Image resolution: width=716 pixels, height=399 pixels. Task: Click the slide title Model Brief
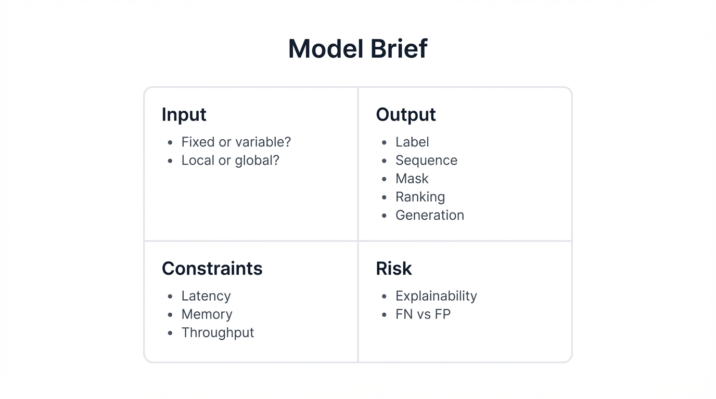[x=357, y=49]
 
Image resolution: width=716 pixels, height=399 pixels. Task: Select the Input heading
[x=184, y=114]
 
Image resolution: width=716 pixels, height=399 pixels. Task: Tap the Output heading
[x=405, y=114]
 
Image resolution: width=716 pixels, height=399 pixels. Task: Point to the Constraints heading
[x=212, y=268]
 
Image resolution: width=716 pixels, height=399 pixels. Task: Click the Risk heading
[x=393, y=268]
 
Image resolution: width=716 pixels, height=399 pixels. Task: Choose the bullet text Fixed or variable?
[x=236, y=142]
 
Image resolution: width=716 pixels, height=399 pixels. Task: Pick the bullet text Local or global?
[x=230, y=160]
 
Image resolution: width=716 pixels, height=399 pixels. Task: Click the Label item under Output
[x=412, y=142]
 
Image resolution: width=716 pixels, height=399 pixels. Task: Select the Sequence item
[x=426, y=160]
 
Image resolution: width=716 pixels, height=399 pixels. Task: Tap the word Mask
[x=412, y=178]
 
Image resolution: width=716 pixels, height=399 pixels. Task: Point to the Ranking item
[x=420, y=196]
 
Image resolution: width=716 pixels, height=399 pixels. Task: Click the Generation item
[x=429, y=215]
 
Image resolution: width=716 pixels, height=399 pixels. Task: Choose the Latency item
[x=206, y=296]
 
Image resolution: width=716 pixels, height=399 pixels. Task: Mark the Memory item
[x=207, y=314]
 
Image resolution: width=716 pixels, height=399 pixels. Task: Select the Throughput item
[x=218, y=332]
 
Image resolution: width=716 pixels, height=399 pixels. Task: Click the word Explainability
[x=436, y=296]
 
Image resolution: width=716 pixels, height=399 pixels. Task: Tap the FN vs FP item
[x=423, y=314]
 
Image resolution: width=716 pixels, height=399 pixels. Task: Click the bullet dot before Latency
[x=170, y=296]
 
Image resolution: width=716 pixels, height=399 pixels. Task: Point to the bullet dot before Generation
[x=384, y=215]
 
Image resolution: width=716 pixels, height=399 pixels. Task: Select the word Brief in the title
[x=399, y=49]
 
